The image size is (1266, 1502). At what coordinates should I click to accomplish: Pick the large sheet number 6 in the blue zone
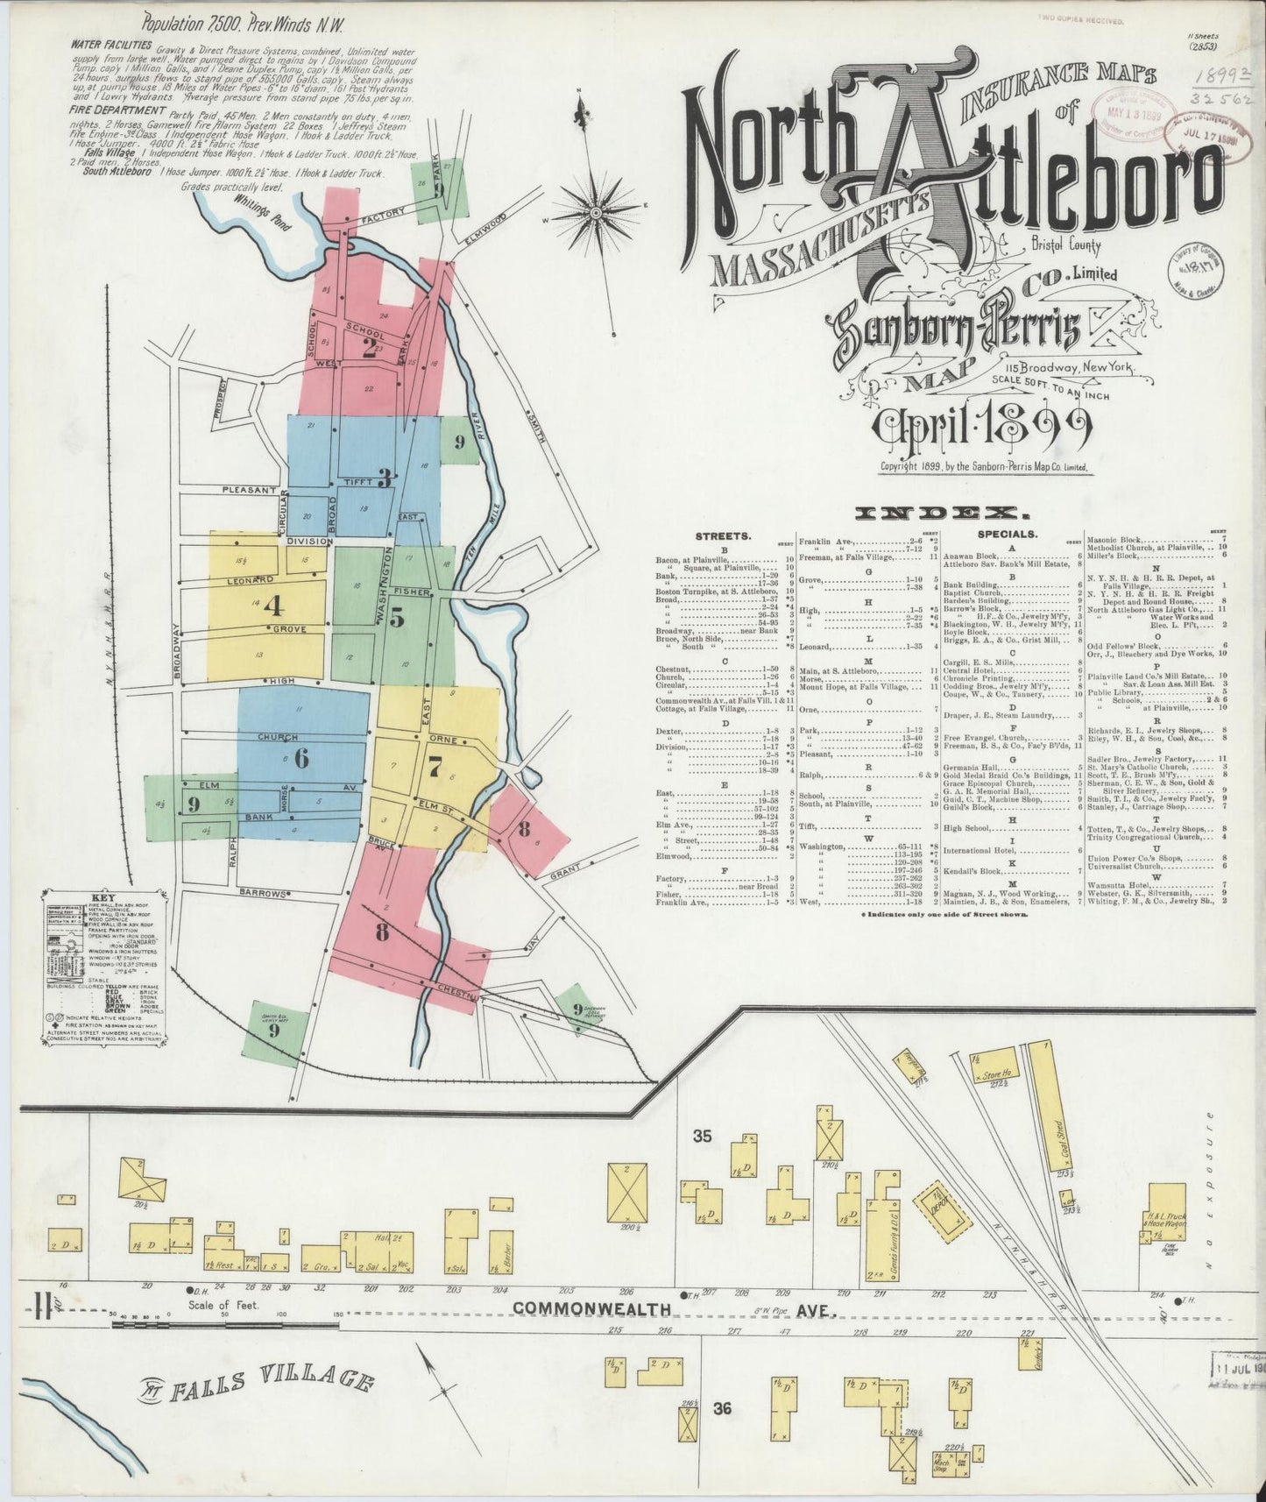pos(301,758)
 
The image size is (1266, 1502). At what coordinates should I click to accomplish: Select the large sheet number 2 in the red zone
pos(369,348)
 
